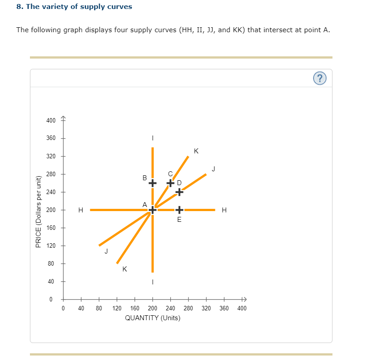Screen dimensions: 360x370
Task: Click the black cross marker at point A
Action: (x=152, y=210)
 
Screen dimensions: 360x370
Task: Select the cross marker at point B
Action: (x=152, y=183)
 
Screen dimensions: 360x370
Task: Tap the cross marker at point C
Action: (x=170, y=183)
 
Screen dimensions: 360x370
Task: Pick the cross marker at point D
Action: (x=179, y=192)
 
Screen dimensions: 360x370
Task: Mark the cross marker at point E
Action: (x=179, y=210)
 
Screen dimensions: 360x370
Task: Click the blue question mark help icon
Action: (x=319, y=78)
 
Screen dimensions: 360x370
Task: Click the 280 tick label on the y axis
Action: (x=51, y=174)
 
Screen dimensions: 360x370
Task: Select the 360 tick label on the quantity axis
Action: (x=224, y=308)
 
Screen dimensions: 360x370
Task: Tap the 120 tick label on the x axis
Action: (x=117, y=308)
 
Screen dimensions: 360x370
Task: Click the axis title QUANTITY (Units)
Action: (x=152, y=318)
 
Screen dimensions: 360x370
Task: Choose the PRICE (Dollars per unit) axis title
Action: (x=38, y=210)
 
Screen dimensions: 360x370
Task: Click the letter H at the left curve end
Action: (x=80, y=210)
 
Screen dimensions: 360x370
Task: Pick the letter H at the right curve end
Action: (x=224, y=210)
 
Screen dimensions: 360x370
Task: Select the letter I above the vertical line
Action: (x=152, y=138)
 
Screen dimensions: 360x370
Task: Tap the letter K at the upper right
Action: (x=197, y=151)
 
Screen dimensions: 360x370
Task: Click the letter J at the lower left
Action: (x=106, y=251)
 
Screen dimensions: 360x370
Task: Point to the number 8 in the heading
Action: (x=18, y=7)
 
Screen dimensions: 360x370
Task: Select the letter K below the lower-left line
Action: (x=124, y=269)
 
